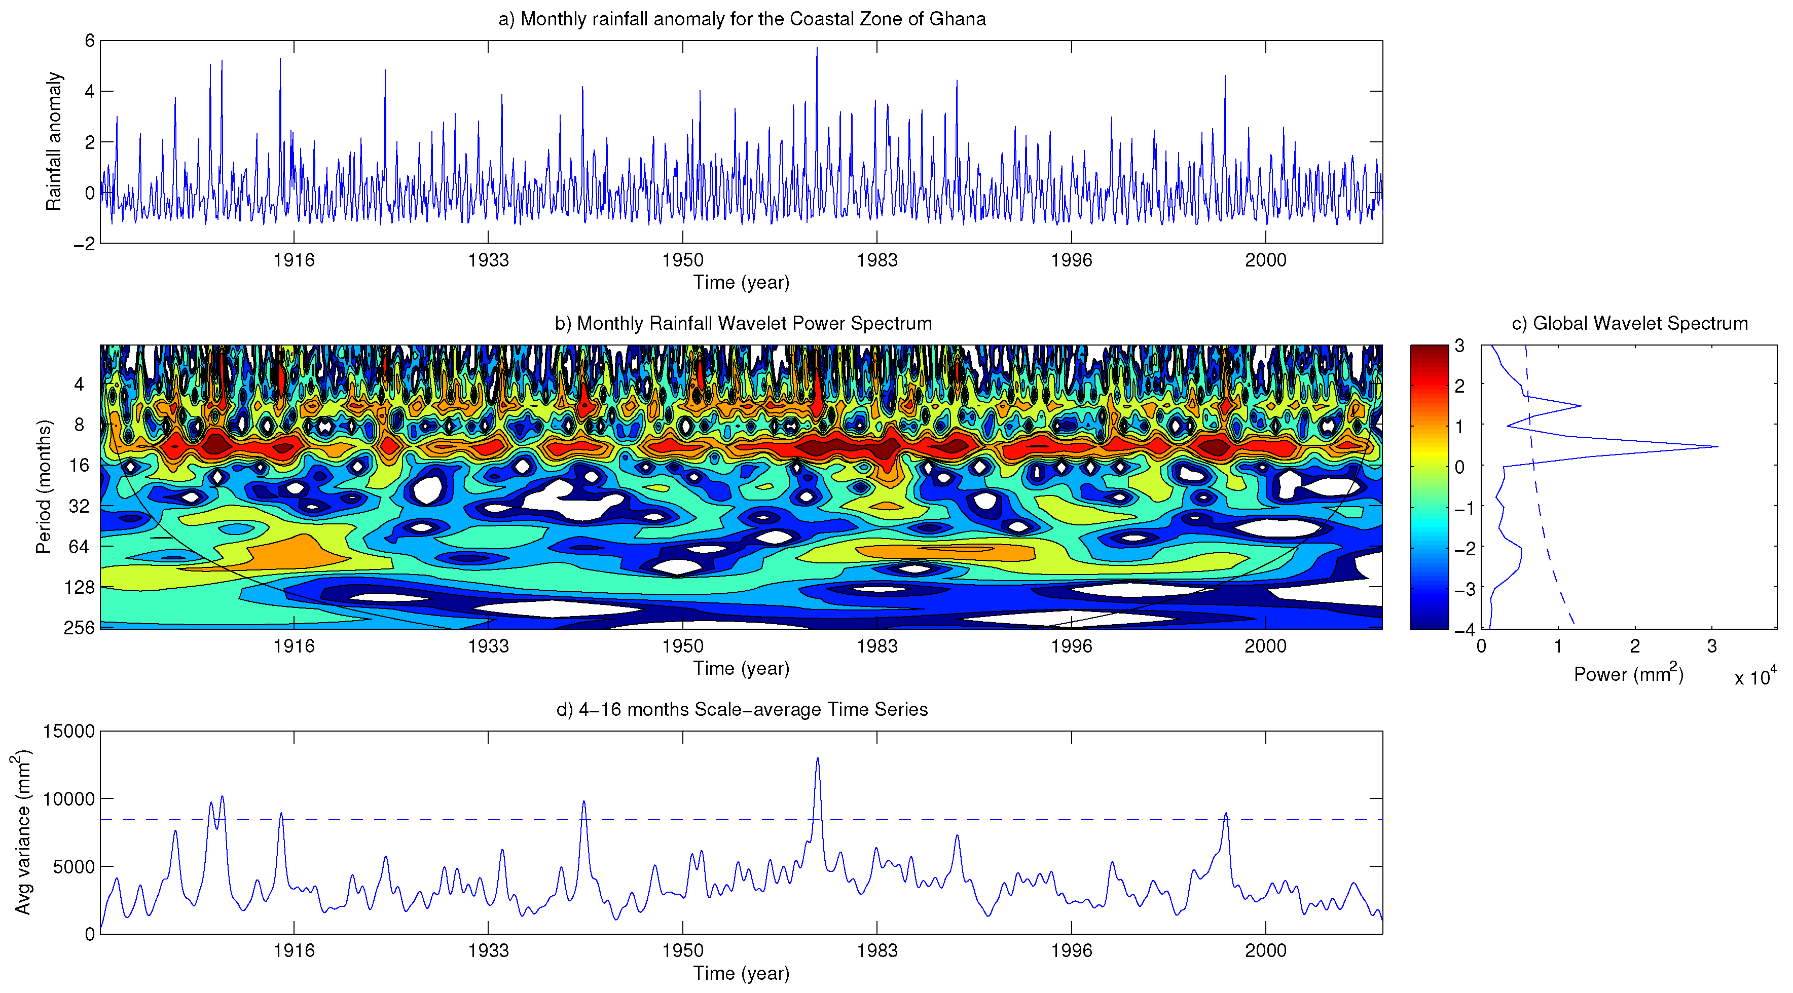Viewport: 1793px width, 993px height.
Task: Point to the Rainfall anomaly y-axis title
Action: pos(54,141)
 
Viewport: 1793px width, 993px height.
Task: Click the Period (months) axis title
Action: pos(43,486)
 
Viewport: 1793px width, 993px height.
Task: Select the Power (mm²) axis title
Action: pos(1628,674)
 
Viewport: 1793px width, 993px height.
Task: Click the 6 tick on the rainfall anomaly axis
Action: pos(89,41)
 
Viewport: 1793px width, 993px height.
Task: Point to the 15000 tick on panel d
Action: pos(68,732)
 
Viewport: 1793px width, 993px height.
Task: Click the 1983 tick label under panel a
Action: pos(876,260)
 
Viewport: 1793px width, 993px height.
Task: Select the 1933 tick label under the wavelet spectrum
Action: pos(488,646)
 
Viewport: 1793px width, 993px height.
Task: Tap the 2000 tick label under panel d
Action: pos(1265,950)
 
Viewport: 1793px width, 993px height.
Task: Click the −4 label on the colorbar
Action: pos(1462,630)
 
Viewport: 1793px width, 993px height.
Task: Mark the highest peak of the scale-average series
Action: pos(817,758)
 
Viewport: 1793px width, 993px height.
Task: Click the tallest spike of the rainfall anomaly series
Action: pos(817,48)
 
